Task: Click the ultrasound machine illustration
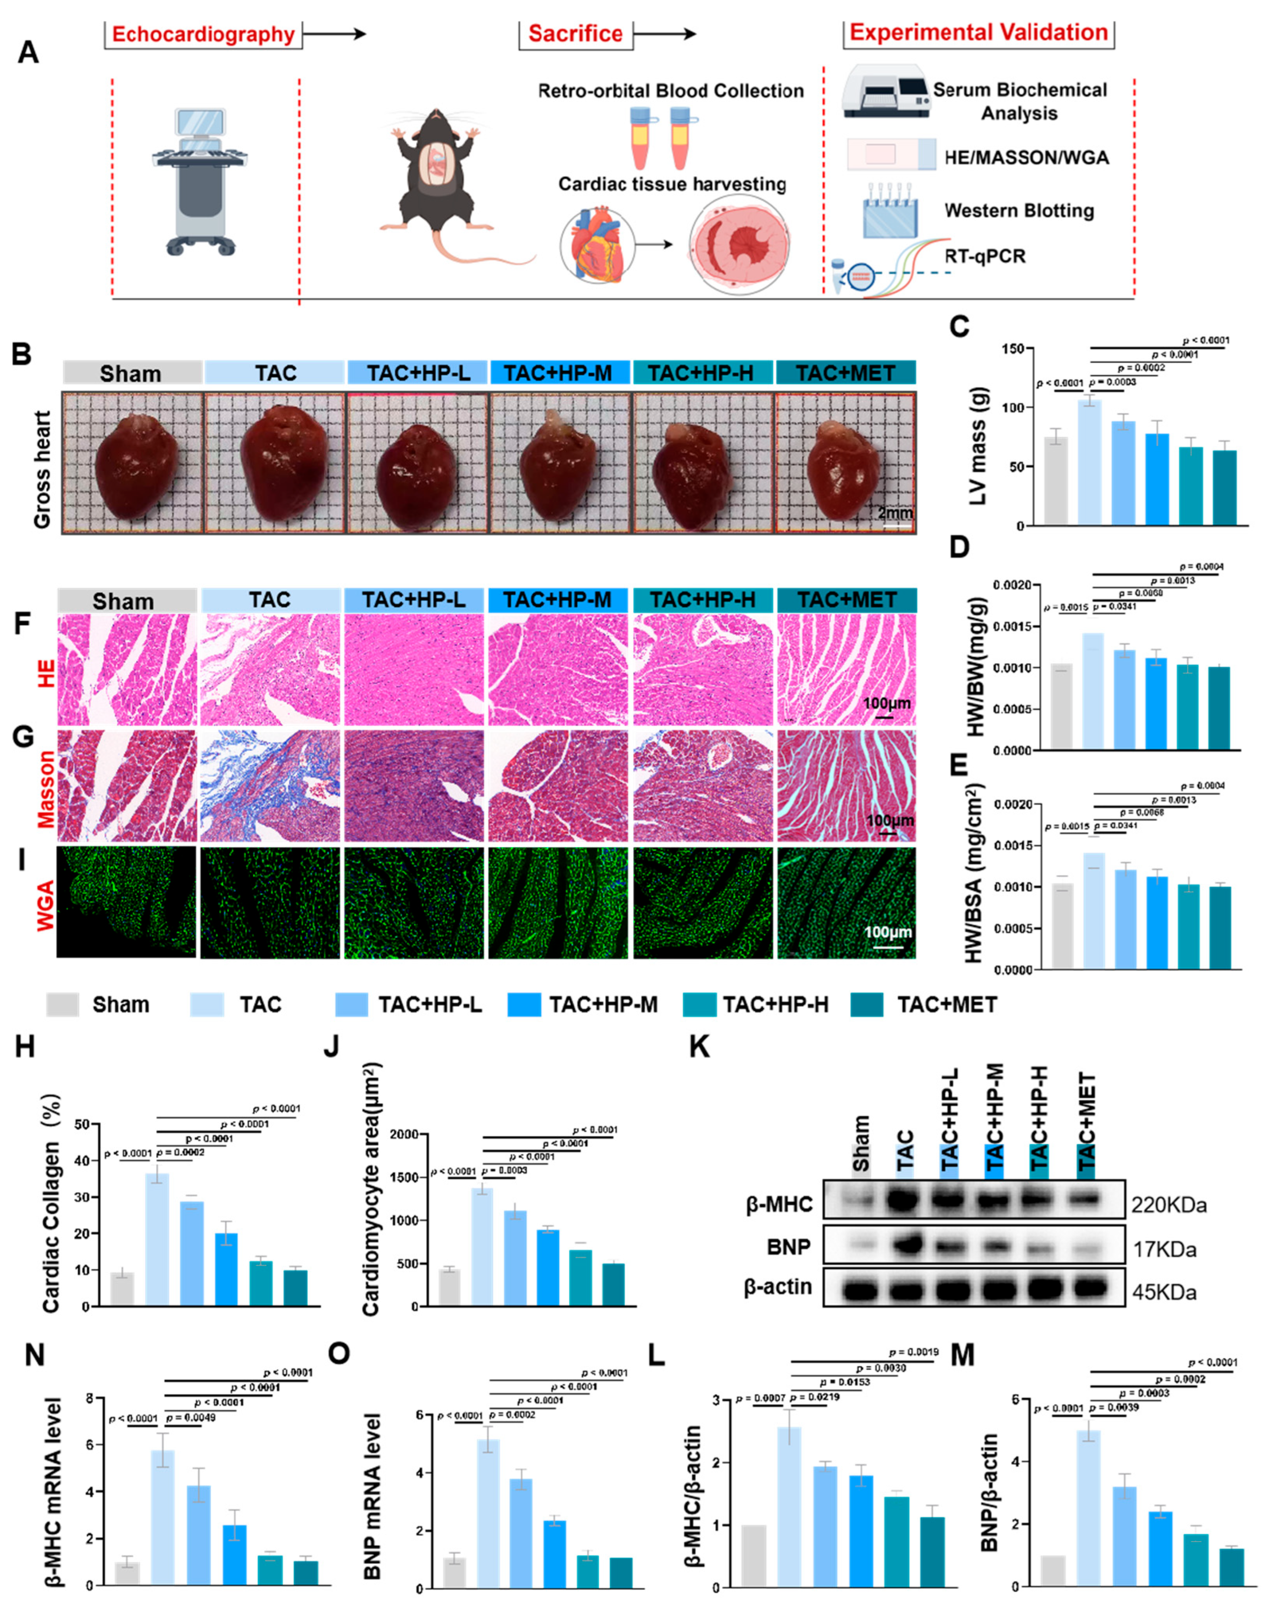(199, 182)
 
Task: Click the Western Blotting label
(1019, 211)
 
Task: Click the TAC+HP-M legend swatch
(524, 1005)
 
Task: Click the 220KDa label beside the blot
(1169, 1205)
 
